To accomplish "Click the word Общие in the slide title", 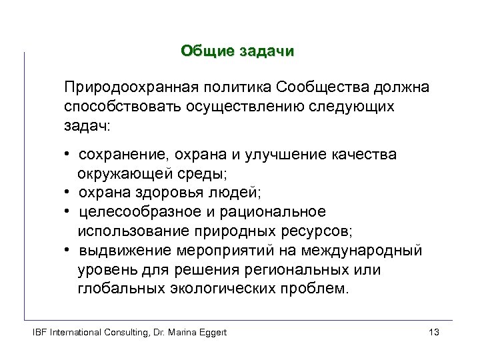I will click(x=204, y=51).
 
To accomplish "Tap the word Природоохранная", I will click(x=121, y=88).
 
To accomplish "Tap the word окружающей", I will click(x=116, y=174).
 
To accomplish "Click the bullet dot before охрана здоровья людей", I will click(x=68, y=193).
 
